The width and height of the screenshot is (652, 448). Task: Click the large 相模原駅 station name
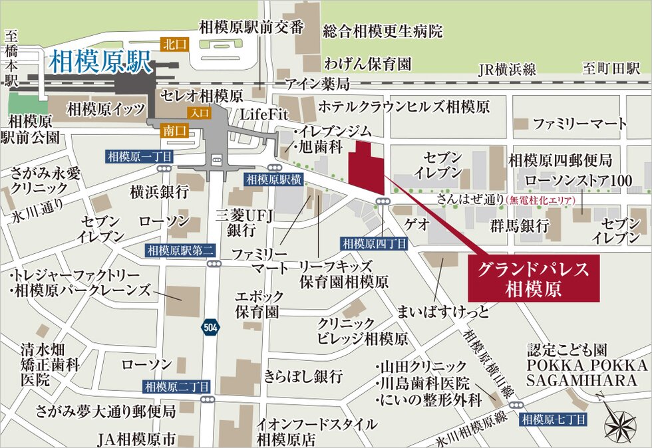click(x=101, y=63)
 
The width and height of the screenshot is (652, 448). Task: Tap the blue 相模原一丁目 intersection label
click(x=140, y=157)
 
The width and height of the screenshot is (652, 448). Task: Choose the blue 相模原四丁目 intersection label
click(x=375, y=244)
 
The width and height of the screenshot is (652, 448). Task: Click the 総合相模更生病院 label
click(x=383, y=31)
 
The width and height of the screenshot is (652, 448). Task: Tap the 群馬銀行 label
click(x=520, y=225)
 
